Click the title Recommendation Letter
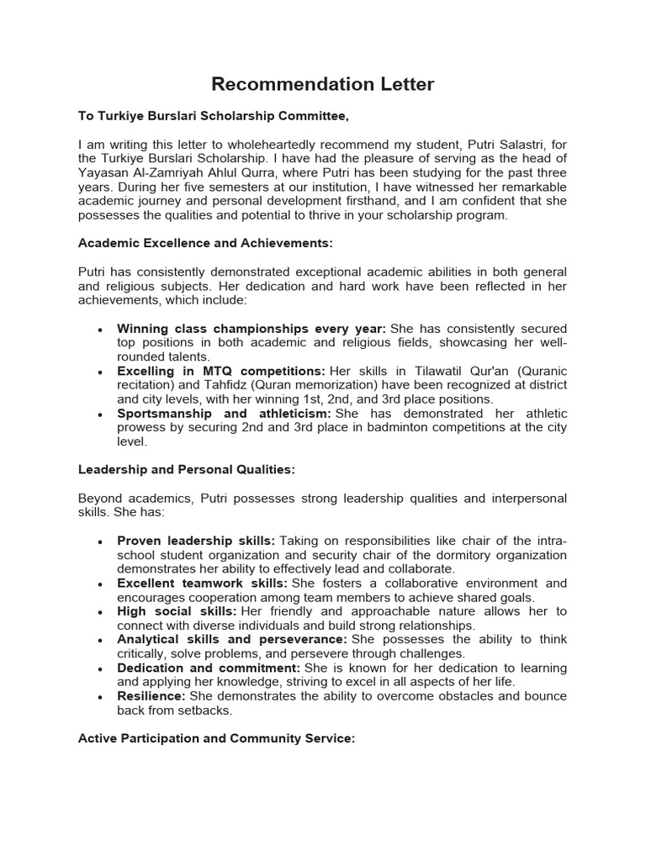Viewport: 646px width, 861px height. (x=322, y=84)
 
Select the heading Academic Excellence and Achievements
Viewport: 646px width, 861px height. (x=205, y=243)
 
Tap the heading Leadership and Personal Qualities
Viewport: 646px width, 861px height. (x=186, y=469)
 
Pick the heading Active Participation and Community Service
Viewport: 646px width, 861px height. (x=216, y=738)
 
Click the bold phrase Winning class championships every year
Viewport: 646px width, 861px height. (x=251, y=328)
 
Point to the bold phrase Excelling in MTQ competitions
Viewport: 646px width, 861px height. (x=220, y=371)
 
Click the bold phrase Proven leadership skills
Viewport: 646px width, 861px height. (x=195, y=541)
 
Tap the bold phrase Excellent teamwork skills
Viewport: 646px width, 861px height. (x=202, y=583)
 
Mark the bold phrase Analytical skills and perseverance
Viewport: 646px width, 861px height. (x=225, y=639)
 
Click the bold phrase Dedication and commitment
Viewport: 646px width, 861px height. (x=208, y=668)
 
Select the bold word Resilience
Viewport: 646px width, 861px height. (x=151, y=696)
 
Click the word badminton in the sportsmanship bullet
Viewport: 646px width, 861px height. (x=416, y=428)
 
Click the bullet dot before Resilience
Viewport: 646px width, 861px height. (x=100, y=697)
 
